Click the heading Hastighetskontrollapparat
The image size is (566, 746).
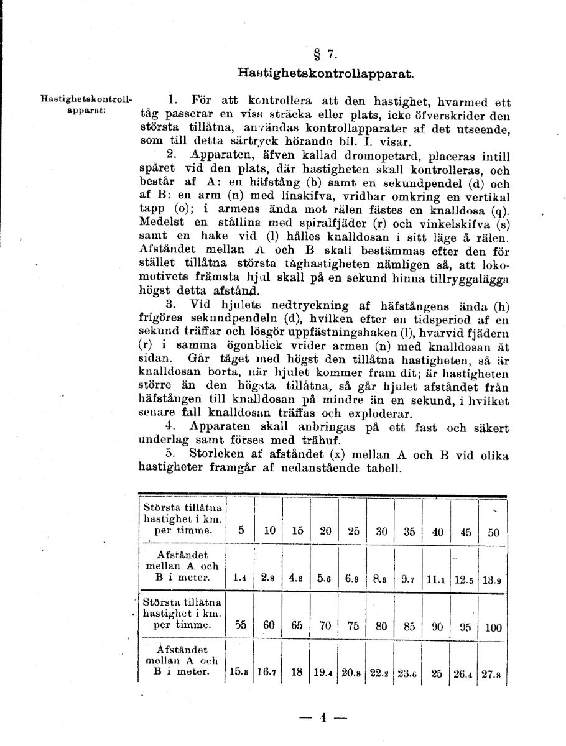point(325,73)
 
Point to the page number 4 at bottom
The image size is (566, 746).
point(323,717)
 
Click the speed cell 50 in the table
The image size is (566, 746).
point(493,532)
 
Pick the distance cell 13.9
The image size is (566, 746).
point(492,581)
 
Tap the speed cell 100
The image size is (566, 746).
point(493,627)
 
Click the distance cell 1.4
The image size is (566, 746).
point(240,578)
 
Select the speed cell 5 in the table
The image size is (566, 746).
point(241,531)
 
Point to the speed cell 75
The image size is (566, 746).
point(353,626)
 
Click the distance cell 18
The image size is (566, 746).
point(297,672)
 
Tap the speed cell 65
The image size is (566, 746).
point(297,626)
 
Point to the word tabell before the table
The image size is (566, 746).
point(383,469)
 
